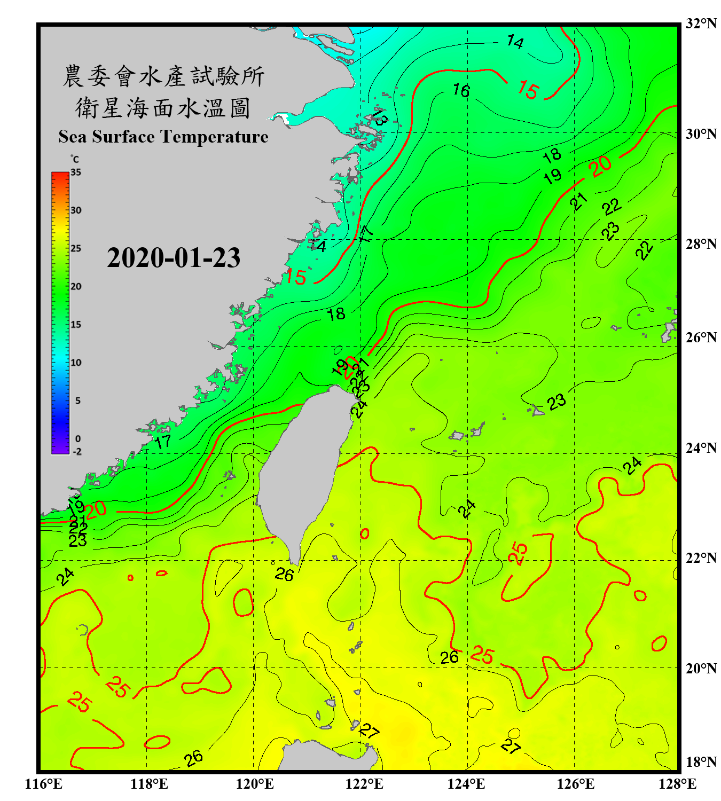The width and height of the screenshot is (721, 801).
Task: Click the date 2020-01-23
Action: point(174,257)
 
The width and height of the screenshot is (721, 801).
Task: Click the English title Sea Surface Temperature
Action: point(163,137)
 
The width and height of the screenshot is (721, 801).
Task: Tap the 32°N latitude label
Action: point(701,23)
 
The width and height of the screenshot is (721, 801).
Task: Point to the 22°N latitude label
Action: point(701,558)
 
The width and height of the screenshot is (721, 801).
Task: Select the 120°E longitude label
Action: point(255,784)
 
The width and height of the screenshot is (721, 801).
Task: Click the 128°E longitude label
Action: point(677,784)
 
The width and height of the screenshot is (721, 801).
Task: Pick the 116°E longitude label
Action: point(44,784)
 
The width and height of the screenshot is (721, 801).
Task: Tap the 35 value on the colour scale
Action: point(76,172)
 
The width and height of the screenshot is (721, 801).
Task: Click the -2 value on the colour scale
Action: point(77,451)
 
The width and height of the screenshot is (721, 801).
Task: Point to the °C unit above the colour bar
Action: point(75,159)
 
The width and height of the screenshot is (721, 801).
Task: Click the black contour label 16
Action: point(461,90)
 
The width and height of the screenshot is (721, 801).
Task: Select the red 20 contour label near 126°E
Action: point(601,166)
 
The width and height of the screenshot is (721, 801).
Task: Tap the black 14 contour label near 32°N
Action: point(515,42)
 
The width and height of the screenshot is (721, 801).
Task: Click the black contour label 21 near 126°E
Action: point(578,201)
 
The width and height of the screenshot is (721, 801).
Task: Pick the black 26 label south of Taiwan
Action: point(284,575)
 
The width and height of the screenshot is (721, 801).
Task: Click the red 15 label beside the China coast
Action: point(295,277)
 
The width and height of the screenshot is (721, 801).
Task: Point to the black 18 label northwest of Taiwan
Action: point(336,314)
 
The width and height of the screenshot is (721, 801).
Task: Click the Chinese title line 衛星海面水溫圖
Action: point(163,108)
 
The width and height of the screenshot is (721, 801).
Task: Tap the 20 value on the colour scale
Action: point(76,286)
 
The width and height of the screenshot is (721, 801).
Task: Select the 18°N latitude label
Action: point(701,762)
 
